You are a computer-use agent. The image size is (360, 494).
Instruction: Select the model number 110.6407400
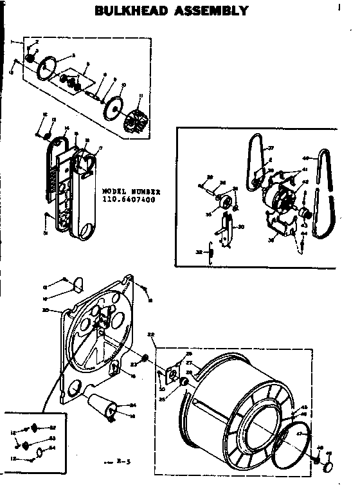[129, 199]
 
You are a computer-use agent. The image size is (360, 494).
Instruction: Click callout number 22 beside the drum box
[152, 334]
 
